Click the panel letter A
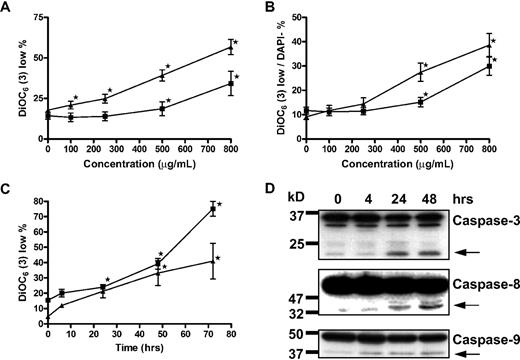[x=8, y=9]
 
